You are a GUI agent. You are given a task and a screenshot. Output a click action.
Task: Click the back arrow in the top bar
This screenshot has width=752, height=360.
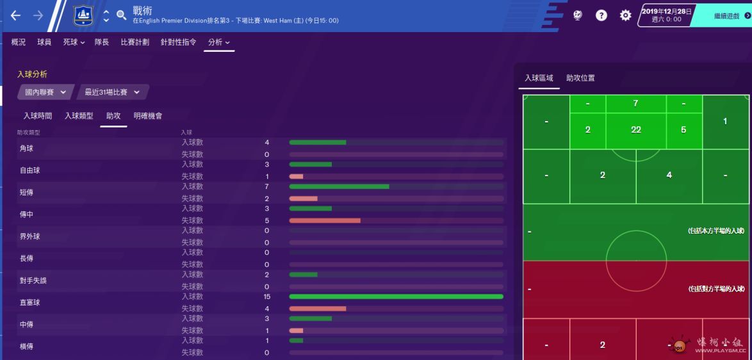(15, 15)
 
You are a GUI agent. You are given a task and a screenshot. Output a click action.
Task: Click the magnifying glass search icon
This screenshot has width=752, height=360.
(122, 15)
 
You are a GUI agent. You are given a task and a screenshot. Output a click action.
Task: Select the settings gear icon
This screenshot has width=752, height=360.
(625, 15)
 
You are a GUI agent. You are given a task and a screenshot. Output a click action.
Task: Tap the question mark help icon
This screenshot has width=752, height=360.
(601, 15)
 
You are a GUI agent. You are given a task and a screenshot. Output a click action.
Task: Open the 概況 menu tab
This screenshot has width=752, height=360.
(19, 42)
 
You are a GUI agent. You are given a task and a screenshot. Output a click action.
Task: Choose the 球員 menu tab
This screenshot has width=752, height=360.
(44, 42)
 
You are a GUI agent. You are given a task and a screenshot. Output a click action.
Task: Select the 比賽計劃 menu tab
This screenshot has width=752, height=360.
(135, 42)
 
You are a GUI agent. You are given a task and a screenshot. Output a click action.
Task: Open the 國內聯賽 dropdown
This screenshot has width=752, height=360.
(45, 92)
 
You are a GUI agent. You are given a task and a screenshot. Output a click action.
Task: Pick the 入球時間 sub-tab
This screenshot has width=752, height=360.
(37, 116)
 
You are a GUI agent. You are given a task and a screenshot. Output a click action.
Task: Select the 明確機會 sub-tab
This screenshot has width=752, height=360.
(148, 116)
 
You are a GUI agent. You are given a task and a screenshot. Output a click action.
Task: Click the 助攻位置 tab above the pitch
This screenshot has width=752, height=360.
(580, 78)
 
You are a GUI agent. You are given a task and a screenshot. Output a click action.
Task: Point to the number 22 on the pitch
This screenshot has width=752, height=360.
(635, 129)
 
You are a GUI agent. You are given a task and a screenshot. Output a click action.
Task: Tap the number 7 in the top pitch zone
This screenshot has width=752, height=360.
(635, 103)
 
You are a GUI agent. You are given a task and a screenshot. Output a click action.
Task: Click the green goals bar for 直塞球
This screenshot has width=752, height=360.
(396, 297)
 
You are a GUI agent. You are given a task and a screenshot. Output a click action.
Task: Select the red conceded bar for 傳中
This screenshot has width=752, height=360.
(325, 220)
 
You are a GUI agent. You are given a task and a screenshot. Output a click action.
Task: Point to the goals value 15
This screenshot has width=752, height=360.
(266, 297)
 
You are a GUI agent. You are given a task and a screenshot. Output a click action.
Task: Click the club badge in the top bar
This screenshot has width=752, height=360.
(83, 15)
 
